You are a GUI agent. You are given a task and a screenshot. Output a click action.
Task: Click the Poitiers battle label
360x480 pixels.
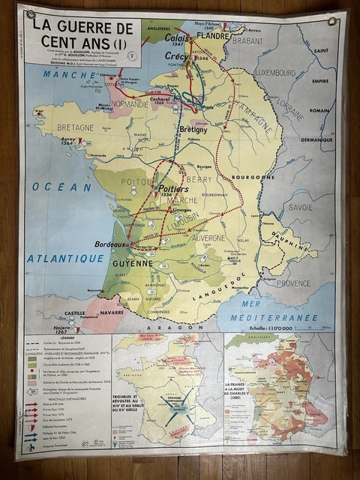[x=173, y=189]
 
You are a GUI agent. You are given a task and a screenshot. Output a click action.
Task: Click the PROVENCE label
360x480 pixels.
[x=292, y=283]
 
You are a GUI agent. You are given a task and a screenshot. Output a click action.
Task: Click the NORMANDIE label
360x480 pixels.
[x=131, y=104]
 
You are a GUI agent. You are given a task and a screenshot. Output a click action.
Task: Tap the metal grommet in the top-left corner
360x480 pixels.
[x=30, y=14]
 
